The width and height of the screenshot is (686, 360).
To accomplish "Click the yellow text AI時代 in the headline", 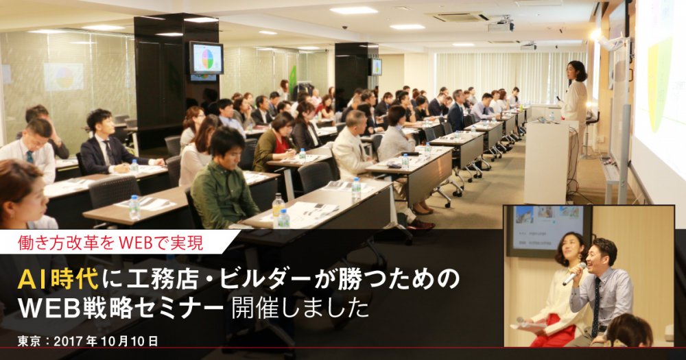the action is pyautogui.click(x=58, y=280).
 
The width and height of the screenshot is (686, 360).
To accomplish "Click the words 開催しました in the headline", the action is pyautogui.click(x=300, y=309).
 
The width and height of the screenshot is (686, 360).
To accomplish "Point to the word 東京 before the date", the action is pyautogui.click(x=29, y=341).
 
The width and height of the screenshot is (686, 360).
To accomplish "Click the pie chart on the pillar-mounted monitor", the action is pyautogui.click(x=207, y=58).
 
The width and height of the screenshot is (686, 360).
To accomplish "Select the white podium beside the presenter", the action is pyautogui.click(x=547, y=162).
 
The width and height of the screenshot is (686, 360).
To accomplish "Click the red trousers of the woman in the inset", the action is pyautogui.click(x=552, y=333).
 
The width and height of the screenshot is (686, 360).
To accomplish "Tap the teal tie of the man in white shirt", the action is pyautogui.click(x=29, y=156).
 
